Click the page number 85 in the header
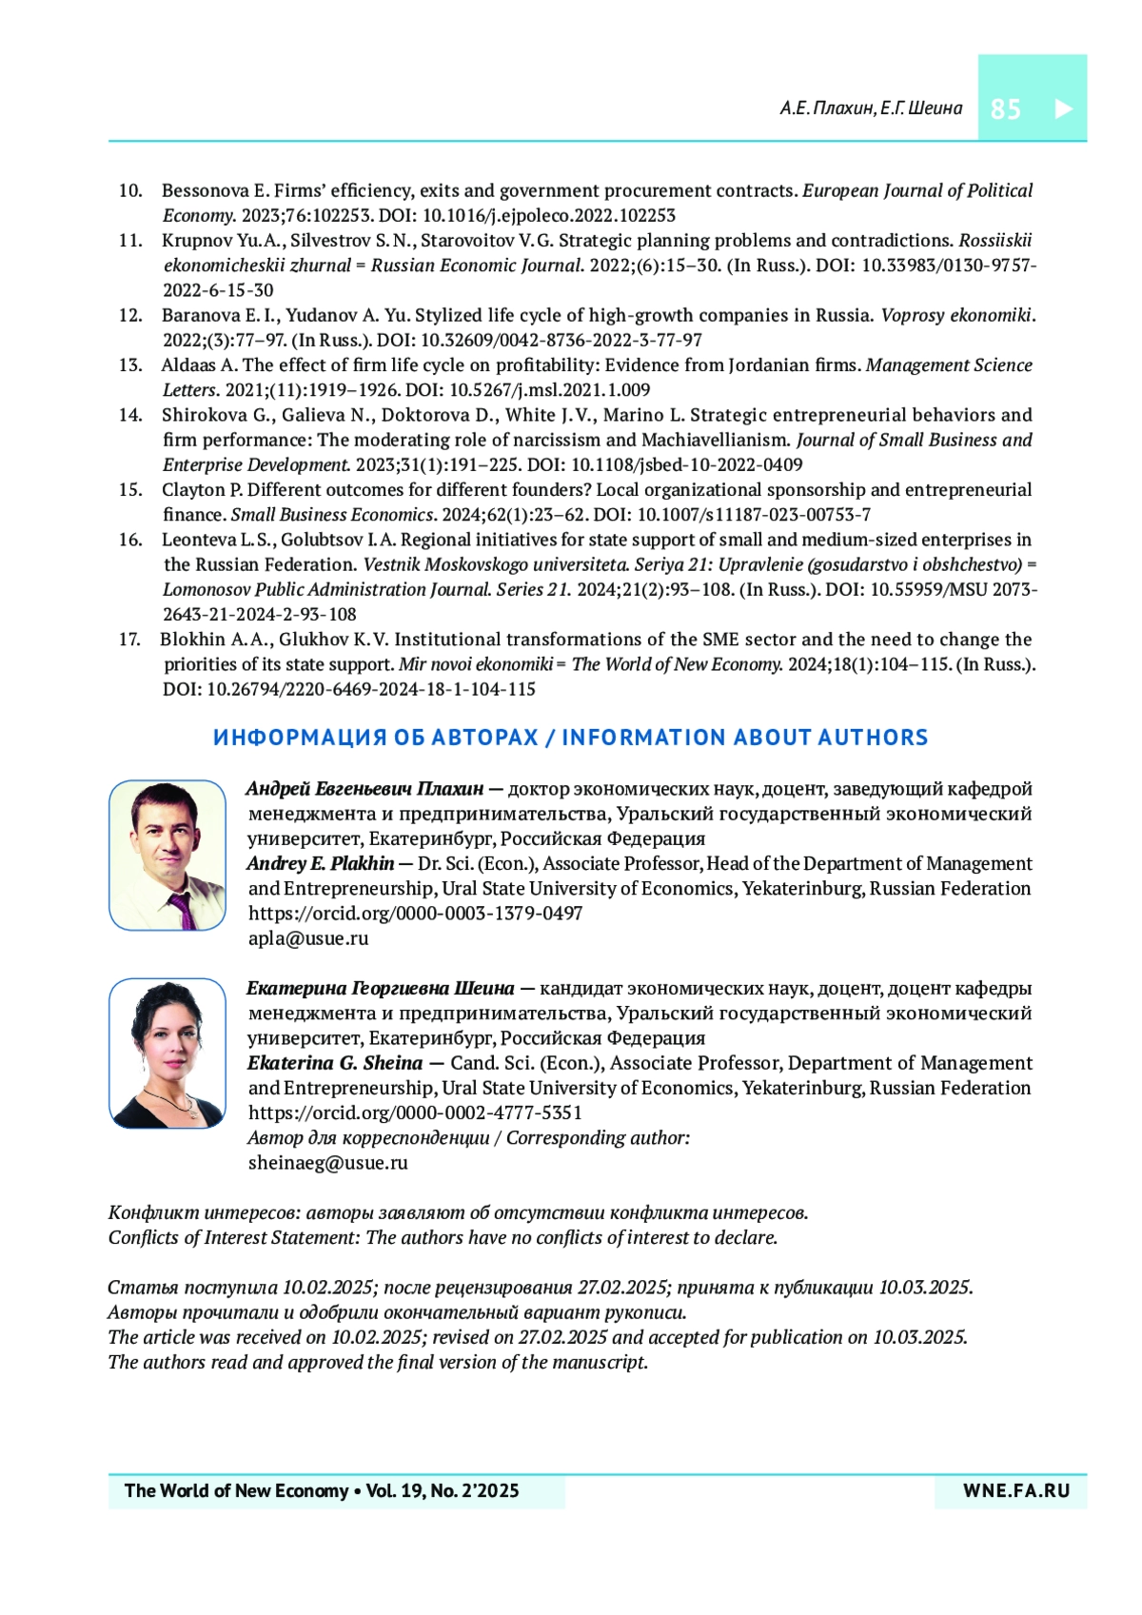point(1005,109)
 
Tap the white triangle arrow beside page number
point(1063,108)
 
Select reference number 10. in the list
point(130,190)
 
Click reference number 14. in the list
point(130,415)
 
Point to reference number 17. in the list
point(130,640)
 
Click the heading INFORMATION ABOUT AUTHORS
point(744,738)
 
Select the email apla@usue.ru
point(308,938)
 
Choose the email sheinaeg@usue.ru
point(327,1163)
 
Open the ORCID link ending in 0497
point(415,914)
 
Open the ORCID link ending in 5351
point(415,1113)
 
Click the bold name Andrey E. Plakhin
point(320,864)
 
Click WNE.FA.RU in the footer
point(1016,1491)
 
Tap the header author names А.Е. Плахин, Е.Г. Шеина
point(871,108)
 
